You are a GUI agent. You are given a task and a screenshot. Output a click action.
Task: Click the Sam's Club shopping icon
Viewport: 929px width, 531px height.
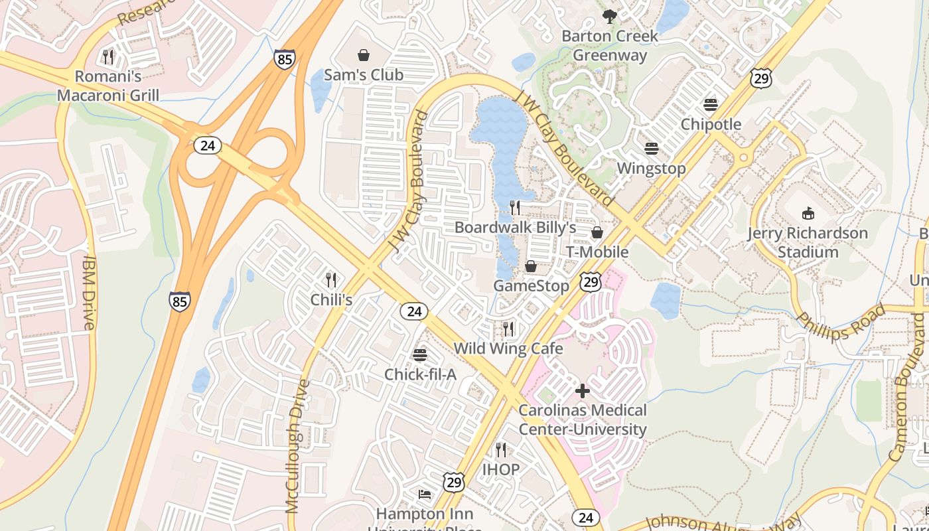click(364, 55)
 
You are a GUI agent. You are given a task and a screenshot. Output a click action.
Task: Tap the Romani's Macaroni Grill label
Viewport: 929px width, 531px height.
click(108, 86)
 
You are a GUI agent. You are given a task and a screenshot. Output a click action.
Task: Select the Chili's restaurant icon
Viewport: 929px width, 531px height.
click(331, 279)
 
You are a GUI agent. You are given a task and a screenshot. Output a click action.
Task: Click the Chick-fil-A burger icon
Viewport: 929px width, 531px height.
click(420, 354)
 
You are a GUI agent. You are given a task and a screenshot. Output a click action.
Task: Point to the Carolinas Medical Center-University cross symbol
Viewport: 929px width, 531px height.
click(583, 391)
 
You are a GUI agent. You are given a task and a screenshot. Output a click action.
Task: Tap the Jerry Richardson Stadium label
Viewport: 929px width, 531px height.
click(808, 243)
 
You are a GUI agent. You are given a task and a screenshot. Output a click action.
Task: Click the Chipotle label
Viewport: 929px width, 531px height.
click(711, 125)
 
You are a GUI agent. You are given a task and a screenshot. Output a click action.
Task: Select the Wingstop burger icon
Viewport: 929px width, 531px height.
click(651, 148)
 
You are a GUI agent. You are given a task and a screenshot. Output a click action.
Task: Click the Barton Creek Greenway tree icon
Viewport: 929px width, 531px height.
click(609, 16)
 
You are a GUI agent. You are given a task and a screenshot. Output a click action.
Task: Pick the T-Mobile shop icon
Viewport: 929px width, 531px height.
click(597, 232)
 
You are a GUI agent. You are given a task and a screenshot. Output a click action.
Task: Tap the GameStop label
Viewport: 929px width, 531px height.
click(531, 286)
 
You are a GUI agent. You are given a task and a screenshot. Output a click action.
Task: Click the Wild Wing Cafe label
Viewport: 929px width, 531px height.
click(508, 348)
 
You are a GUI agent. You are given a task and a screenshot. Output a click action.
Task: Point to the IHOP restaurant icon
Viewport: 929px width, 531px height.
click(501, 449)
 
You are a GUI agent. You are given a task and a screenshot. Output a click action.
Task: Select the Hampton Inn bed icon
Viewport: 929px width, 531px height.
click(425, 494)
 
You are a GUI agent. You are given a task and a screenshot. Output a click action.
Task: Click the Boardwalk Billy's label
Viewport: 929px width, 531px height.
click(515, 228)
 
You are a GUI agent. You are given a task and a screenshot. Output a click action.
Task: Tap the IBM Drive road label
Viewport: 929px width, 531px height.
click(90, 293)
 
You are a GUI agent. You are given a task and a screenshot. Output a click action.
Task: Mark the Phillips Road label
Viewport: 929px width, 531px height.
click(841, 322)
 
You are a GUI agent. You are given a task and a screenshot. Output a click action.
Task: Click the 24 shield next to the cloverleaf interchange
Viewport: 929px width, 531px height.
click(208, 145)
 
